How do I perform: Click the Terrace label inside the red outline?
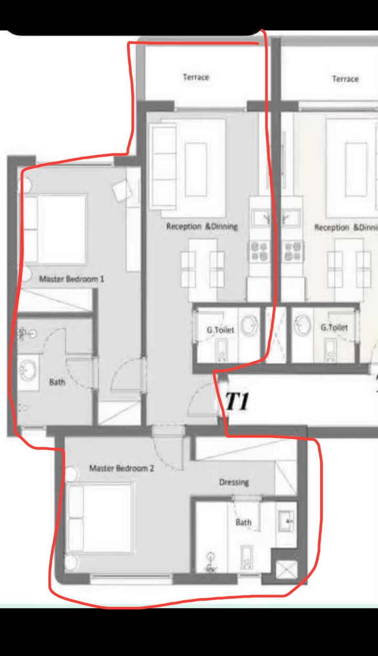pos(196,77)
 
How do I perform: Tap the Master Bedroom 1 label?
pos(72,279)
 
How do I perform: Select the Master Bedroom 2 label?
pos(121,468)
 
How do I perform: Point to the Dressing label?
pos(234,482)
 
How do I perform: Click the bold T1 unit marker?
pos(237,401)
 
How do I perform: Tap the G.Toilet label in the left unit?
pos(221,330)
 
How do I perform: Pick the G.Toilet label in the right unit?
pos(334,328)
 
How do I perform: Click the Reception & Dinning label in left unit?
pos(202,226)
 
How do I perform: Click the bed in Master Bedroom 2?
pos(100,519)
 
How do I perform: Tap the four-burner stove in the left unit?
pos(260,251)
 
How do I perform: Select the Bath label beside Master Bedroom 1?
pos(57,382)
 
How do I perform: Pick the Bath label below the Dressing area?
pos(243,522)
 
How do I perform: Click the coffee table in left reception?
pos(196,170)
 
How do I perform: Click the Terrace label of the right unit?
pos(345,78)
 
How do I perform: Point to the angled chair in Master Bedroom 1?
pos(122,190)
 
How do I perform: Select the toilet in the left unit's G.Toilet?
pos(222,351)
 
